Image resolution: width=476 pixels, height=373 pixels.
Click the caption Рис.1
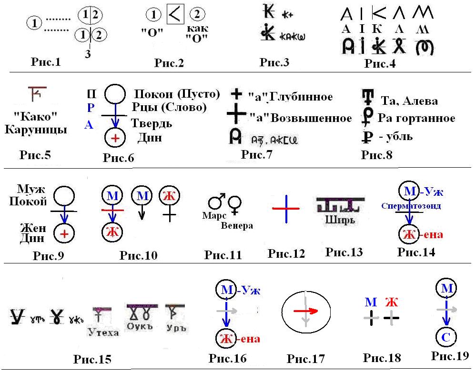pyautogui.click(x=45, y=61)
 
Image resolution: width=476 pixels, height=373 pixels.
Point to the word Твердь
pyautogui.click(x=152, y=124)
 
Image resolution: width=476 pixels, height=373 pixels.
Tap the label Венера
pyautogui.click(x=237, y=225)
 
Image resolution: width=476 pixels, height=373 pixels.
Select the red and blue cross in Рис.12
pyautogui.click(x=285, y=209)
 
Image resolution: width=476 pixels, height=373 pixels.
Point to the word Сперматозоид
pyautogui.click(x=411, y=206)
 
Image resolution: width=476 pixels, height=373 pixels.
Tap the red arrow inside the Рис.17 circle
pyautogui.click(x=305, y=311)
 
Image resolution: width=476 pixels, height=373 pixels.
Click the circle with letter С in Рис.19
pyautogui.click(x=446, y=337)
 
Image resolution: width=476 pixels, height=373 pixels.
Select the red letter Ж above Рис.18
pyautogui.click(x=391, y=302)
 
